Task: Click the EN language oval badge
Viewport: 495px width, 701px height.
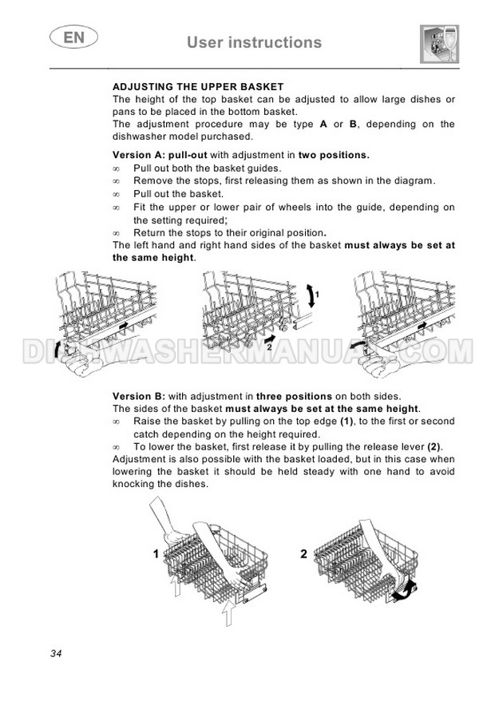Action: [73, 37]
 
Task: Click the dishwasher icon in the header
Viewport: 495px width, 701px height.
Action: [440, 44]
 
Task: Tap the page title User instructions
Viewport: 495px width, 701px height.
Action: [254, 42]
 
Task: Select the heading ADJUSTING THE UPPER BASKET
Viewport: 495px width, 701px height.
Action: [198, 87]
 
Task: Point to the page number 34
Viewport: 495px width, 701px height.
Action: [56, 654]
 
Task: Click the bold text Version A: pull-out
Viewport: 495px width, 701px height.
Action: [160, 155]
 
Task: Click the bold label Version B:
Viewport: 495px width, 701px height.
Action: [139, 396]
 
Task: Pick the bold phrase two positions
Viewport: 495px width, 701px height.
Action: [334, 155]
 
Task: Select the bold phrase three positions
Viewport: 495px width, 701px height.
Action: [294, 397]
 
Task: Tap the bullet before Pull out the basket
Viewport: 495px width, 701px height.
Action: [117, 195]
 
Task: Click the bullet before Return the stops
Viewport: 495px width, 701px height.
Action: [117, 233]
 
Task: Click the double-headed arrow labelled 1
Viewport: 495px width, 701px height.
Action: [311, 295]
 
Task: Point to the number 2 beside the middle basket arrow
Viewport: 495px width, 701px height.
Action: [256, 346]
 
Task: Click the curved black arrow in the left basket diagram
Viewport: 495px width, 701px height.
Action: [57, 350]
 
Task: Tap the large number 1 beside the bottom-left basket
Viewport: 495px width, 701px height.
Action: [156, 554]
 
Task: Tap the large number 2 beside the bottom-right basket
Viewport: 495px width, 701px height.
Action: [304, 554]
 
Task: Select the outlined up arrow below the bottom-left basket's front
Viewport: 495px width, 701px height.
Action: [228, 613]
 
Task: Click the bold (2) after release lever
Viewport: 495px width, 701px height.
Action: [434, 446]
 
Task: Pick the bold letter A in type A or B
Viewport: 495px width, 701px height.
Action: [323, 125]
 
